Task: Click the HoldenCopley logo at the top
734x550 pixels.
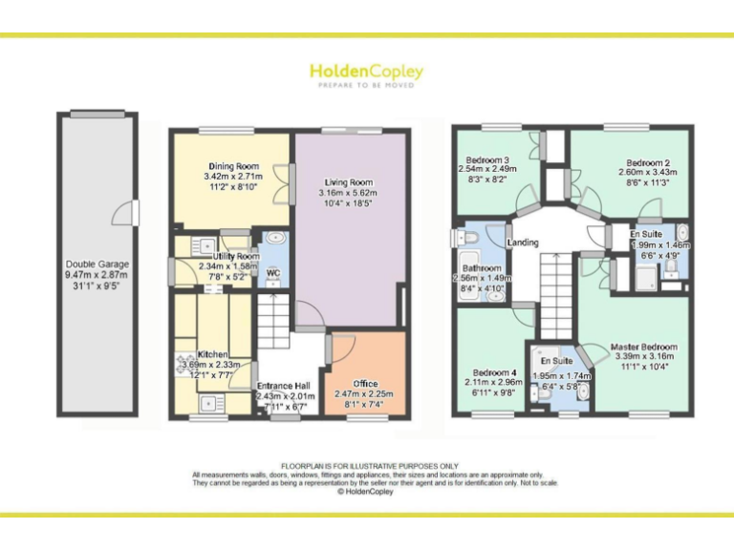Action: coord(366,72)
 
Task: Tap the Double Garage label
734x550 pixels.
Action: coord(97,264)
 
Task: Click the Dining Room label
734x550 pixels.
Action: coord(231,166)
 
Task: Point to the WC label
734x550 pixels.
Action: coord(272,272)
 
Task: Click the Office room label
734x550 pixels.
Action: coord(365,384)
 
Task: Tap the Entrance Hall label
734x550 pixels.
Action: coord(285,386)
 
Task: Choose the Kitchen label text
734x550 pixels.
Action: coord(212,354)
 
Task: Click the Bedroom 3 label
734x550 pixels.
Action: coord(486,159)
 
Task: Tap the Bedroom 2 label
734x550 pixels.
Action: coord(647,162)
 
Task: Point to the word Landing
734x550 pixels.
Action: coord(523,243)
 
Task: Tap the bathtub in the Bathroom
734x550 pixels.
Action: coord(468,277)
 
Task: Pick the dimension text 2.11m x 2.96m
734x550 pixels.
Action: coord(494,383)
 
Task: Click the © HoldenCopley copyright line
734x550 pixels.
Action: coord(366,492)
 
